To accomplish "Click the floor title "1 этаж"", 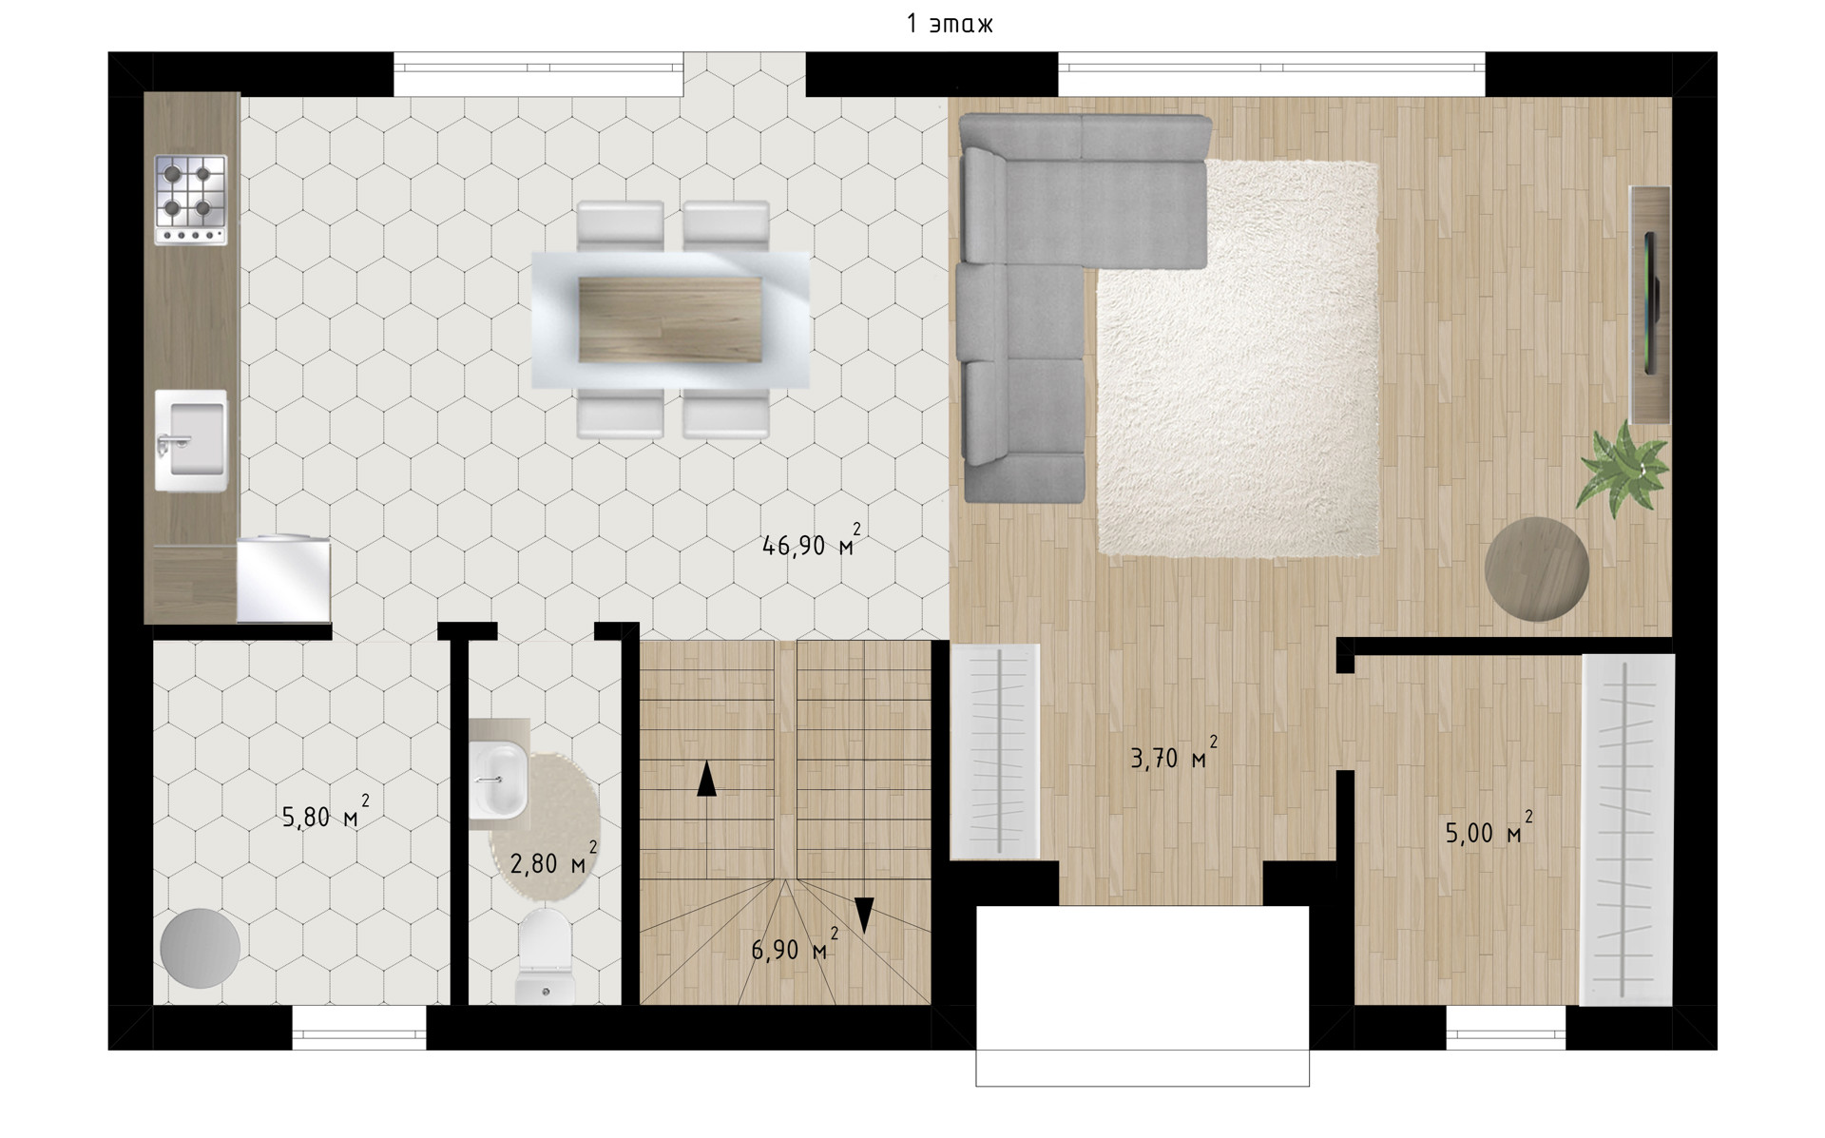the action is pos(950,24).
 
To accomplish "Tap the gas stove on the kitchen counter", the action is pos(191,201).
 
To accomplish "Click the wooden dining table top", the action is pos(670,319).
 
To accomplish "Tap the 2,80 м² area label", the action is pos(553,860).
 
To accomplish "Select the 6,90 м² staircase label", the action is pos(795,947).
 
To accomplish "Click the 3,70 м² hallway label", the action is pos(1173,755).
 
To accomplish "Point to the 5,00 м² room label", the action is pos(1489,830).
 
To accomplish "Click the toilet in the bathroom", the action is pos(546,955).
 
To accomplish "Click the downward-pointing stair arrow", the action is pos(863,915).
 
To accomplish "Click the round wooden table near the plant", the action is pos(1537,569).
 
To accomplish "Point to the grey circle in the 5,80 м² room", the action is pos(200,949).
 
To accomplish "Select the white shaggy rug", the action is pos(1238,357).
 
